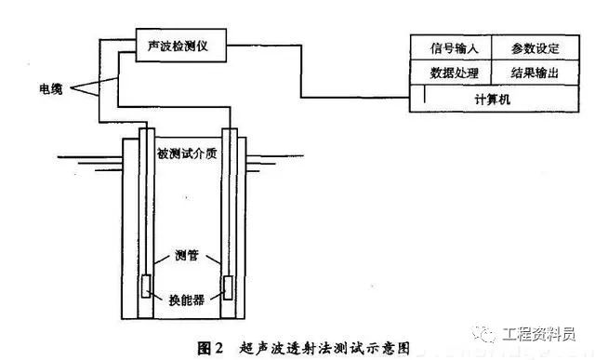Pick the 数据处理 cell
pos(451,72)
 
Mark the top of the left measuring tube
pos(144,133)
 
